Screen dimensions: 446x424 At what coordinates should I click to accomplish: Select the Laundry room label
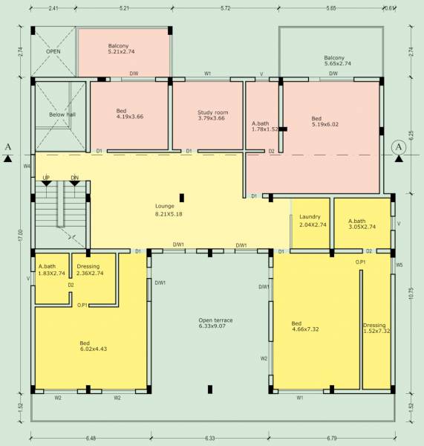click(309, 216)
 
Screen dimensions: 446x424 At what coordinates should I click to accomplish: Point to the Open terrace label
click(215, 320)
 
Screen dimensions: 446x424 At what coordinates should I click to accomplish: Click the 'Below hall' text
click(62, 115)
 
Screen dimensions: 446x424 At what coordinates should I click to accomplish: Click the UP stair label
click(46, 178)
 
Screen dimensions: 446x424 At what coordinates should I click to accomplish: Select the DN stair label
click(74, 178)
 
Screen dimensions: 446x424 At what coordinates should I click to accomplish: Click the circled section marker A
click(399, 147)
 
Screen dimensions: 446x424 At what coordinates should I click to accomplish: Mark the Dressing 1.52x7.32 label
click(375, 329)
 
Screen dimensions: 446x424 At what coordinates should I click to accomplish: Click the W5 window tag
click(399, 265)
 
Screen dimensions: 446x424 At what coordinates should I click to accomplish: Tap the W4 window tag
click(27, 166)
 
